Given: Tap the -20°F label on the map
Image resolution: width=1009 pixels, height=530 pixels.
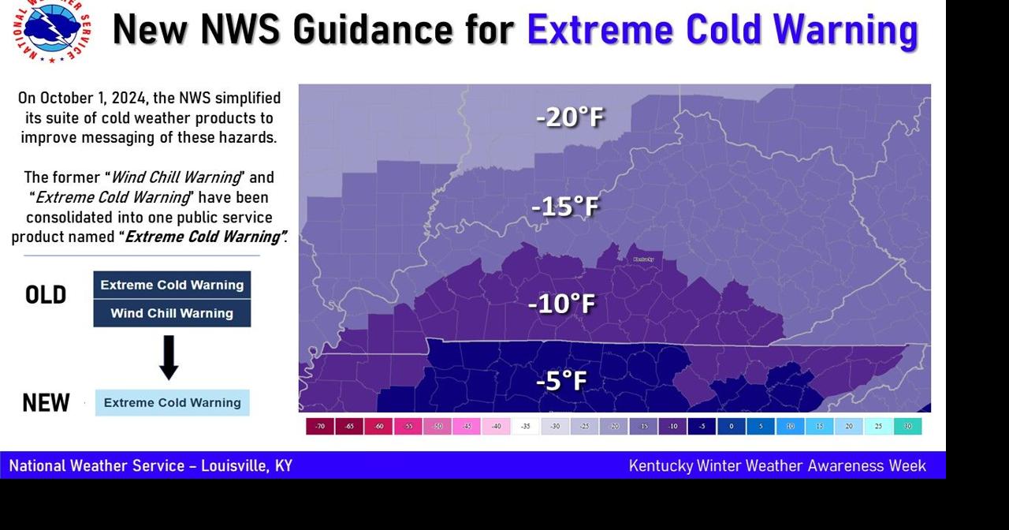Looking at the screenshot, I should click(x=569, y=118).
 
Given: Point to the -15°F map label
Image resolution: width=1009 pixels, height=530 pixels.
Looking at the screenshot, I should click(x=565, y=207).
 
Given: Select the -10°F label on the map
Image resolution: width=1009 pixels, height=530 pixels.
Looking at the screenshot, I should click(x=561, y=303).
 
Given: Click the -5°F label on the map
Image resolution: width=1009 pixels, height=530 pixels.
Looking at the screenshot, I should click(x=561, y=381).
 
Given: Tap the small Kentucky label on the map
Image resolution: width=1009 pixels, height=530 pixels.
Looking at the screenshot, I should click(x=644, y=259).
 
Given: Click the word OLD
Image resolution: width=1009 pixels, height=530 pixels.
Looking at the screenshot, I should click(x=46, y=296).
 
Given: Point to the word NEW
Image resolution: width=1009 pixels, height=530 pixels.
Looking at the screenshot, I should click(x=46, y=403).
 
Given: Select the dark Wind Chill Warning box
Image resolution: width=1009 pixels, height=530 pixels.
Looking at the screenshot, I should click(x=172, y=313).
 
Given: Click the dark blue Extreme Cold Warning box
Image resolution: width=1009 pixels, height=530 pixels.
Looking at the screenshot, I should click(x=172, y=285).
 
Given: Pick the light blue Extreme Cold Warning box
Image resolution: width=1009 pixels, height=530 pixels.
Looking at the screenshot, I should click(x=172, y=402).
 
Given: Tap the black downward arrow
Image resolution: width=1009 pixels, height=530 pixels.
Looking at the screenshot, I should click(x=169, y=357).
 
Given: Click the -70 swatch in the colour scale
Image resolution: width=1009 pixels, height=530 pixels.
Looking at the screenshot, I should click(x=319, y=427).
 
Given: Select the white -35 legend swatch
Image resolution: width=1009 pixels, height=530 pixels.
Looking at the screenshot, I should click(x=526, y=427).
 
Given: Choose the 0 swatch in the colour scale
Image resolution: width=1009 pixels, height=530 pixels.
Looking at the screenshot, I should click(x=732, y=427).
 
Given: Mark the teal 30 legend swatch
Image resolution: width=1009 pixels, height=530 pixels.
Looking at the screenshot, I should click(x=908, y=427).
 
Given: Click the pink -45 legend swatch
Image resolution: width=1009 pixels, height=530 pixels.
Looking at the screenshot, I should click(x=467, y=427).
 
